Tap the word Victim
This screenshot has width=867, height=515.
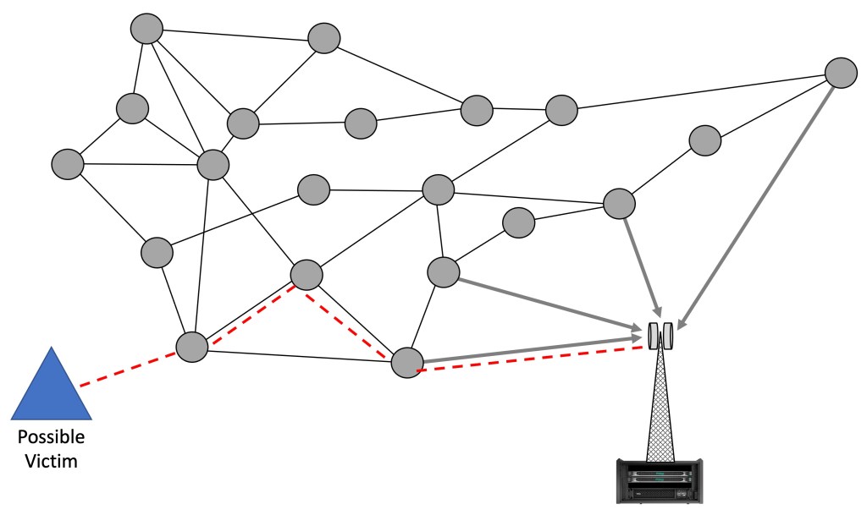click(x=52, y=463)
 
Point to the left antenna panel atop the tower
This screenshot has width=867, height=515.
click(x=652, y=336)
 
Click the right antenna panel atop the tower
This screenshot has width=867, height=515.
click(x=666, y=336)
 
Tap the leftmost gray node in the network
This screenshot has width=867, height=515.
click(x=68, y=163)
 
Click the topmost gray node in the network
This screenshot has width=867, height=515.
click(x=146, y=28)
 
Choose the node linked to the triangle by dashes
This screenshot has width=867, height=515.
click(x=192, y=347)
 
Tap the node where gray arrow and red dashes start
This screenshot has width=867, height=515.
click(x=407, y=363)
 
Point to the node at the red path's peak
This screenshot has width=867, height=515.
click(x=306, y=274)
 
